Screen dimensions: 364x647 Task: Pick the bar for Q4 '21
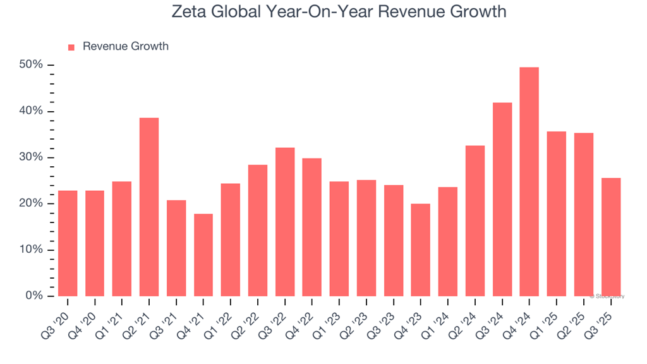[203, 255]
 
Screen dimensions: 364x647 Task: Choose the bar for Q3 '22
[285, 222]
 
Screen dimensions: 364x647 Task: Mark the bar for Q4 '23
[421, 250]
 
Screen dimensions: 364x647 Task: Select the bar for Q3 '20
[68, 243]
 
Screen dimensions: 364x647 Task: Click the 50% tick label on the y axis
[31, 65]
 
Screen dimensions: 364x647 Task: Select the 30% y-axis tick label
[31, 157]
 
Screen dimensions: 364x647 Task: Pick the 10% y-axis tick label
[31, 250]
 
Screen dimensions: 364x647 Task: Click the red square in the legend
[71, 47]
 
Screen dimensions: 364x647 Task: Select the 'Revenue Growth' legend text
[126, 47]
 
